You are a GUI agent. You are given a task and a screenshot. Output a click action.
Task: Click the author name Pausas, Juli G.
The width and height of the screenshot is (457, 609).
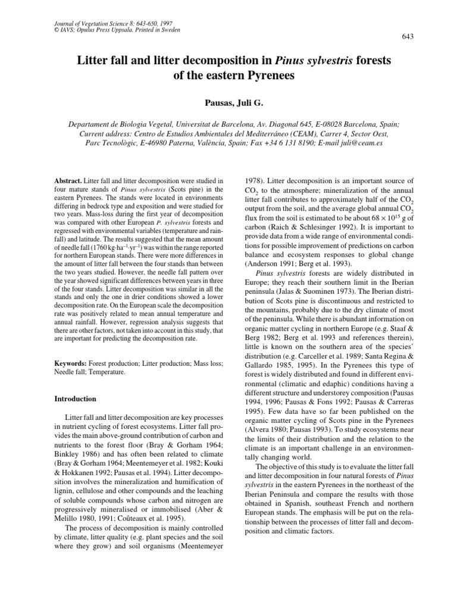[228, 101]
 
